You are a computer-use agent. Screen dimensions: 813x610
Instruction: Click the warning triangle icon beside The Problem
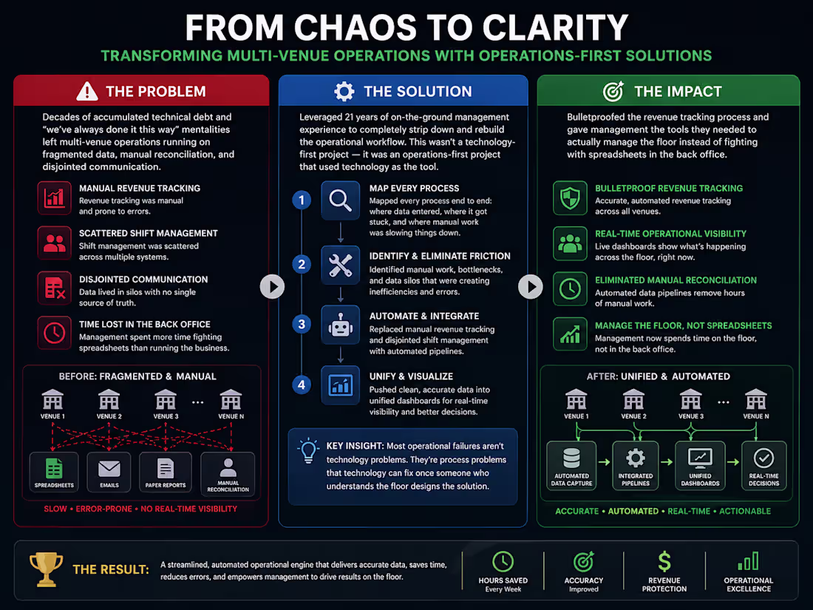[86, 91]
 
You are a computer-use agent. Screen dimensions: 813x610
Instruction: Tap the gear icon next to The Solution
[344, 91]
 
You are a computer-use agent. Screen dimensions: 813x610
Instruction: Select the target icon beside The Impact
[613, 91]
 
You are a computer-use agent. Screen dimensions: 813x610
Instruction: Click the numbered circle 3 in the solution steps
[302, 324]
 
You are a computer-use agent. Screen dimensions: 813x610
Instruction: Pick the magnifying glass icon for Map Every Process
[340, 200]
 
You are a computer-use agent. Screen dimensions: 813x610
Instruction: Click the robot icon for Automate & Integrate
[340, 325]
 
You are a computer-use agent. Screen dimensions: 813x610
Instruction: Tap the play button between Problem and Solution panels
[272, 286]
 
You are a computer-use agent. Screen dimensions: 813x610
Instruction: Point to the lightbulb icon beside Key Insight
[308, 450]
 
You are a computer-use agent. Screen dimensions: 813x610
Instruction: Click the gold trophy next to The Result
[46, 569]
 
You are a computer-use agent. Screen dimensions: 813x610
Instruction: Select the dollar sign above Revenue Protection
[664, 562]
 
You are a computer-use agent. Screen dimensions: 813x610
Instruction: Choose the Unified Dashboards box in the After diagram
[700, 465]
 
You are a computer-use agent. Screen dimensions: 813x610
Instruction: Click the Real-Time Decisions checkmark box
[763, 465]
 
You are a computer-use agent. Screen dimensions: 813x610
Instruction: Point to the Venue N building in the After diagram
[756, 399]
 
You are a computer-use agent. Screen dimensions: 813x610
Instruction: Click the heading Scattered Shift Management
[149, 234]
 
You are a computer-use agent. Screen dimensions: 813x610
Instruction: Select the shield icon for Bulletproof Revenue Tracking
[570, 198]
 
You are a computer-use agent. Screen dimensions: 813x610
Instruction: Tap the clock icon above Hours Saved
[503, 562]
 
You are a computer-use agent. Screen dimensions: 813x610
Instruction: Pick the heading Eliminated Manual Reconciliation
[676, 280]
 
